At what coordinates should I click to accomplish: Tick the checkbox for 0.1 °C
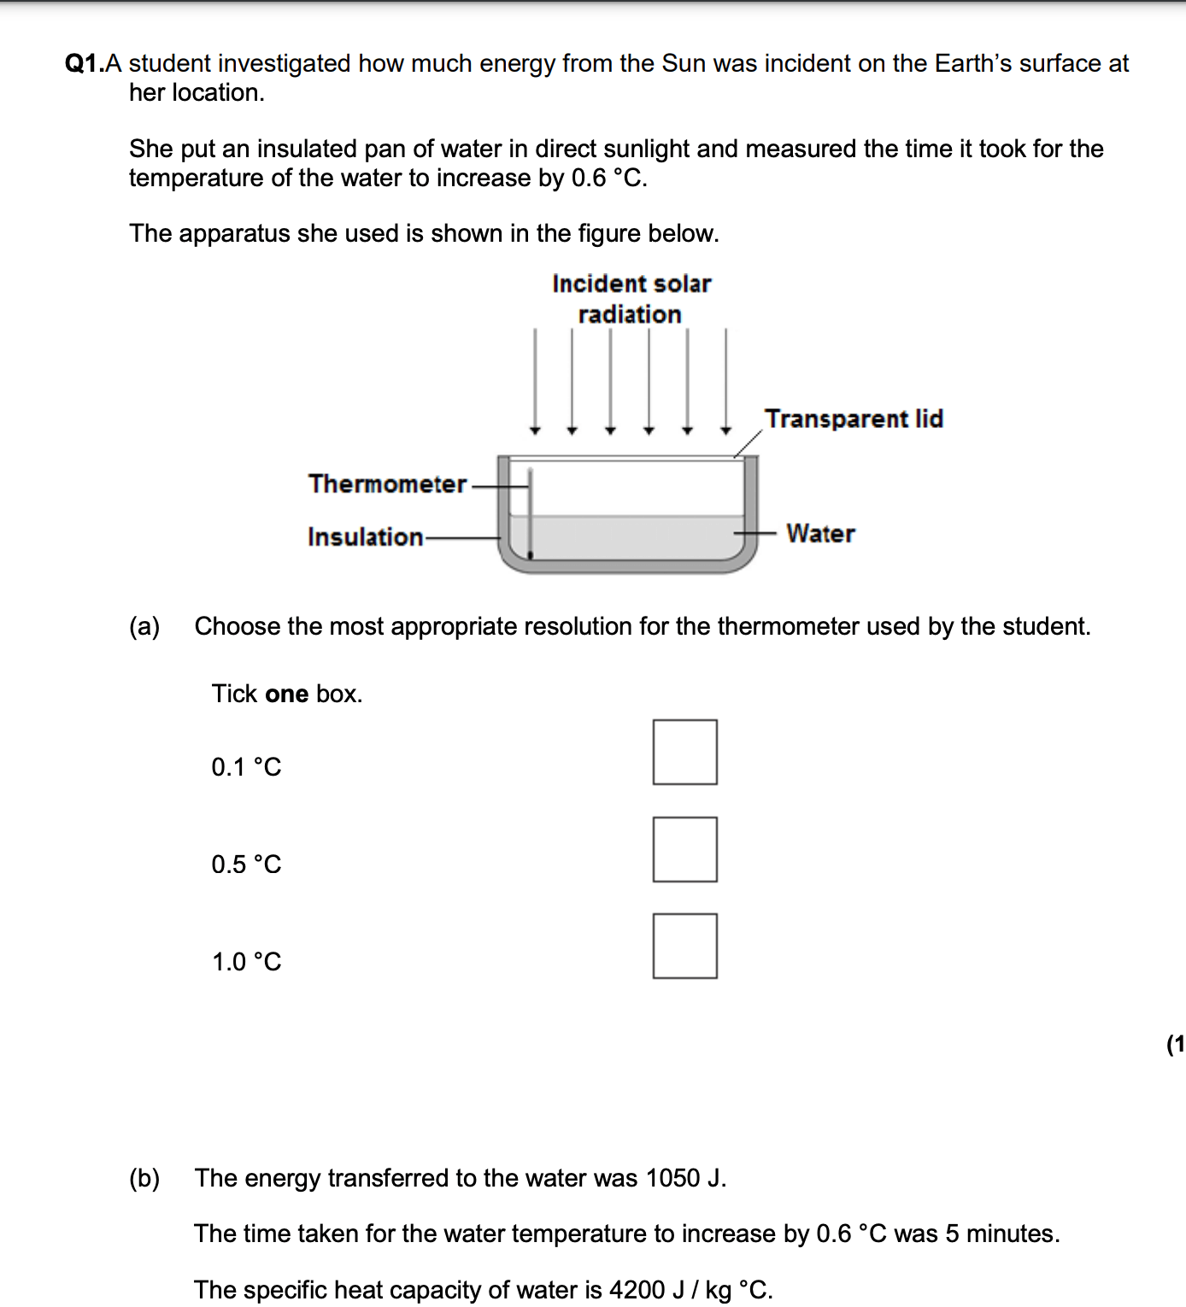click(684, 752)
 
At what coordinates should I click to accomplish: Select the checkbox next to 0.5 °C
click(684, 849)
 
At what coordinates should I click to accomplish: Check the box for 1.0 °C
click(684, 946)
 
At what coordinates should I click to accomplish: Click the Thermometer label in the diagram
click(387, 484)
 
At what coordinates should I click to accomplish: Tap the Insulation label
click(365, 537)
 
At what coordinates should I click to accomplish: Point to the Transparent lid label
click(854, 419)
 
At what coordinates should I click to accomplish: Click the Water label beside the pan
click(820, 534)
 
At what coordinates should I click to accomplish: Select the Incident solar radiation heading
click(631, 299)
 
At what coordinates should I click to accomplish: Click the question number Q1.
click(84, 64)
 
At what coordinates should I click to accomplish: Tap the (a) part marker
click(144, 626)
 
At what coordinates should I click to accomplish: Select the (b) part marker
click(144, 1178)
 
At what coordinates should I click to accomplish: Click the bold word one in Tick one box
click(286, 694)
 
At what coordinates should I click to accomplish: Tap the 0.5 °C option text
click(246, 864)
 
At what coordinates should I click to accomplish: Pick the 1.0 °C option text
click(246, 962)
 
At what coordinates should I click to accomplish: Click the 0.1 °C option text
click(246, 767)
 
